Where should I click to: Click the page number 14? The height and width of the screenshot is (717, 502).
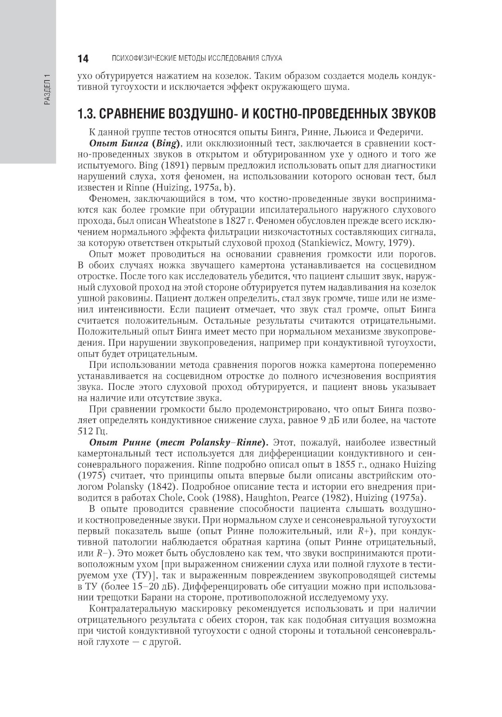pyautogui.click(x=83, y=58)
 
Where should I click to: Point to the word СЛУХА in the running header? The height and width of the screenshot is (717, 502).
pyautogui.click(x=271, y=58)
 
